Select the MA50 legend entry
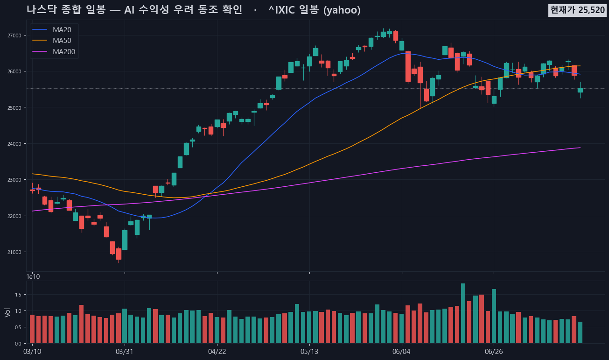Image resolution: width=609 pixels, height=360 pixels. click(x=52, y=41)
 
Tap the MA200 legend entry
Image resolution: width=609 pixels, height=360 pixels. click(x=54, y=52)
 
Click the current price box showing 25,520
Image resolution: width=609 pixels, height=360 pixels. click(x=577, y=10)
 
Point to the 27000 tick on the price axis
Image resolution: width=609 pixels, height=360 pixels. click(x=14, y=35)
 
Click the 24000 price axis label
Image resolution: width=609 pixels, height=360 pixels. click(x=14, y=144)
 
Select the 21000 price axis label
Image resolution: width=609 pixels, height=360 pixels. click(x=14, y=252)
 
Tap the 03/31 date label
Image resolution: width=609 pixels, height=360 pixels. click(x=125, y=351)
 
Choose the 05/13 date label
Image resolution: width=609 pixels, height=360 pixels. click(x=309, y=351)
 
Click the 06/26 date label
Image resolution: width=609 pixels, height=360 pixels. click(x=494, y=351)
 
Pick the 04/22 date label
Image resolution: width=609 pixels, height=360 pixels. click(x=217, y=351)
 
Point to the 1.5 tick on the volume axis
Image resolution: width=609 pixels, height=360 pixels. click(x=18, y=295)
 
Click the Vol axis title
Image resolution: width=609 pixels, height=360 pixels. click(x=7, y=313)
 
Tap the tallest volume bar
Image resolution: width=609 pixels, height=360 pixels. click(x=463, y=313)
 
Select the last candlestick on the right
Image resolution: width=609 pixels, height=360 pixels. click(x=580, y=90)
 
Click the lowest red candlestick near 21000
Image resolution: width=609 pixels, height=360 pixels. click(x=119, y=254)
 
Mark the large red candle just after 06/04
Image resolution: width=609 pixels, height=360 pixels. click(x=408, y=66)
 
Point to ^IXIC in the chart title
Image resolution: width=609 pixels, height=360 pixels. click(x=281, y=10)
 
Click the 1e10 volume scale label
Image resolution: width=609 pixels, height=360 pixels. click(x=33, y=277)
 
